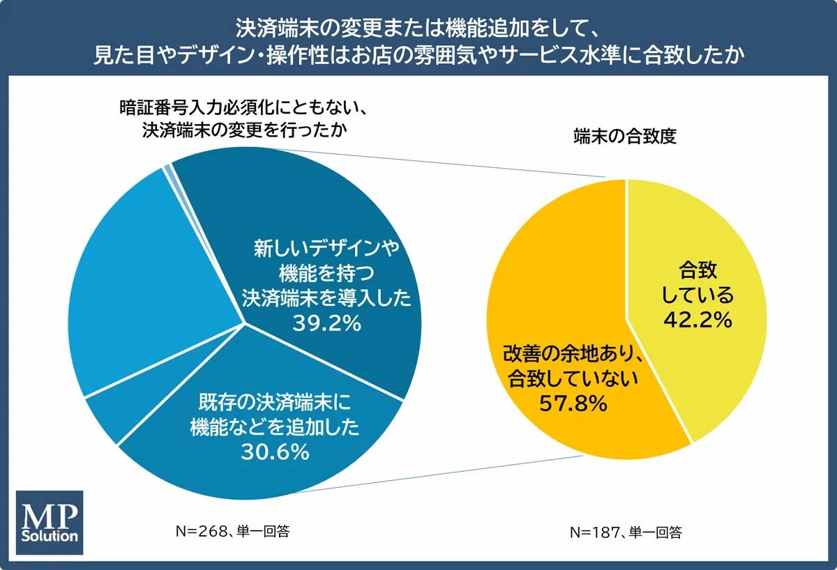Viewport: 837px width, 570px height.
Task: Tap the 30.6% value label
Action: pyautogui.click(x=275, y=452)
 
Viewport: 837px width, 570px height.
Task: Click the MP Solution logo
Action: pyautogui.click(x=50, y=523)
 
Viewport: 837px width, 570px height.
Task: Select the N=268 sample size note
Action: pyautogui.click(x=232, y=532)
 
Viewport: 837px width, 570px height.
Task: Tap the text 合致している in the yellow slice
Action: pyautogui.click(x=697, y=282)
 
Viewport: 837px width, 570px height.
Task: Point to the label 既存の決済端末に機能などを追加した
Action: pyautogui.click(x=275, y=415)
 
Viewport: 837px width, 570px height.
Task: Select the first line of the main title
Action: pyautogui.click(x=418, y=28)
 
